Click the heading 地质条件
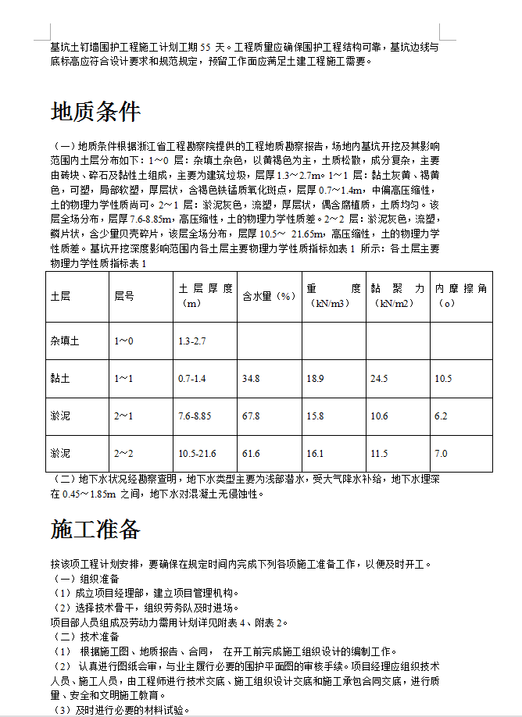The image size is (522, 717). (95, 112)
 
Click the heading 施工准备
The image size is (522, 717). (95, 530)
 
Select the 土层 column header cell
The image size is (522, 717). (60, 297)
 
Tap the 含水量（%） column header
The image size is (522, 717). (269, 297)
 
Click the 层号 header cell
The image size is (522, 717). (124, 297)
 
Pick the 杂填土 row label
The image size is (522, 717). (65, 341)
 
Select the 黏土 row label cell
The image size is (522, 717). (60, 379)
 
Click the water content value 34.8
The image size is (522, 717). (251, 379)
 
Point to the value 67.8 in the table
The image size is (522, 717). (251, 416)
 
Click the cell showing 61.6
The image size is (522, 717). (251, 454)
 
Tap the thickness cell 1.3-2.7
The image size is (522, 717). (191, 341)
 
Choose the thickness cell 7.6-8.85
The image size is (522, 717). (195, 416)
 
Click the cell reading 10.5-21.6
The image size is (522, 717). (197, 454)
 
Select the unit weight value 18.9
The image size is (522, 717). (315, 379)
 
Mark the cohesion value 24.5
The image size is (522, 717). (379, 379)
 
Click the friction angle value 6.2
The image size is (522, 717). (442, 416)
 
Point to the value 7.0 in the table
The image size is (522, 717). (442, 454)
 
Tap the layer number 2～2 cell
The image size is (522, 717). (124, 454)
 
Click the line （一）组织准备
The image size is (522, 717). (85, 579)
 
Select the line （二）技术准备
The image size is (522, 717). (85, 637)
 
